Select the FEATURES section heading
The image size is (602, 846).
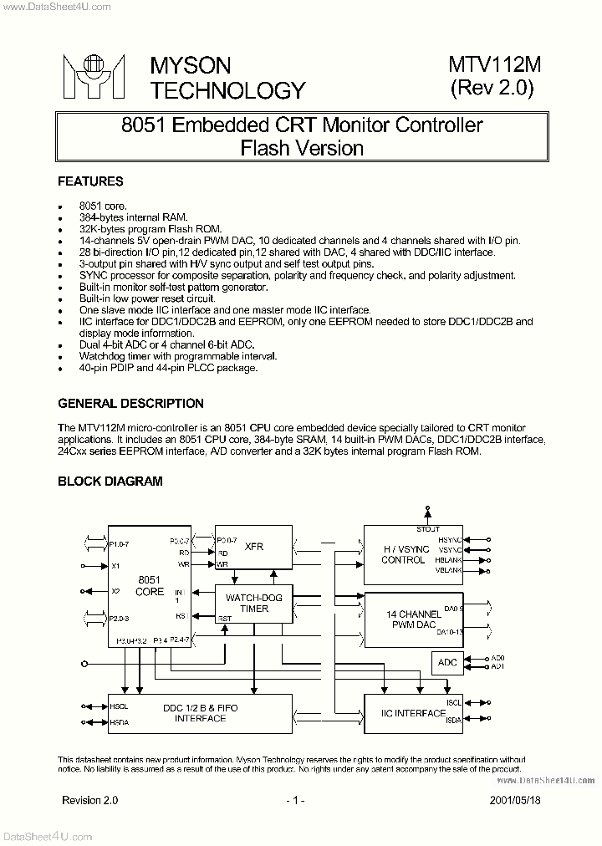90,181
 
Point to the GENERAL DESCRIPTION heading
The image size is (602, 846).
130,404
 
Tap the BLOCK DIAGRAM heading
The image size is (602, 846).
110,482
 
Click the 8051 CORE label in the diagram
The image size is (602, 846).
150,585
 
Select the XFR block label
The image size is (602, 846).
254,547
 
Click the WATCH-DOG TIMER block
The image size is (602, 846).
254,604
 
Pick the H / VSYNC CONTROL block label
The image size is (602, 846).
403,554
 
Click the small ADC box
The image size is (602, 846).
448,663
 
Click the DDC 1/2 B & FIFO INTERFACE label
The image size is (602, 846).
200,713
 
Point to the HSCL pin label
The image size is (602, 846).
119,706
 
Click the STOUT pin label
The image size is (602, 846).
428,529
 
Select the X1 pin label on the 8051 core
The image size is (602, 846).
115,566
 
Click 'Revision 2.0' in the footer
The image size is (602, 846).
90,800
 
